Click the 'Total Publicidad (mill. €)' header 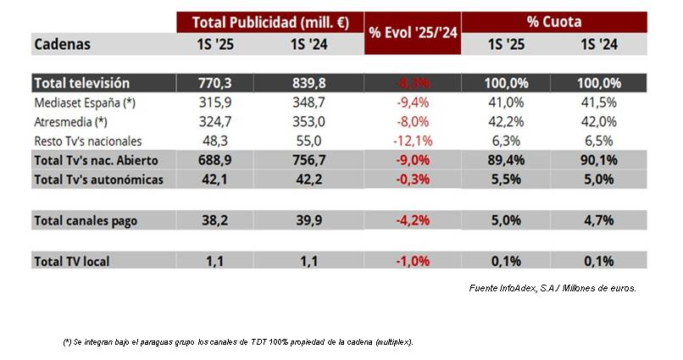pos(269,22)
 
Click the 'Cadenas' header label pos(62,44)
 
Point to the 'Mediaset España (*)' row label pos(85,102)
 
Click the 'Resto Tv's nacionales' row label pos(88,141)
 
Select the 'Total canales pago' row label pos(85,220)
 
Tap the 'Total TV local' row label pos(71,262)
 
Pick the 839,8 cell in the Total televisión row pos(315,83)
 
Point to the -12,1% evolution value pos(411,141)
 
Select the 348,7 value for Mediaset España pos(315,102)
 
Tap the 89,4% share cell pos(507,159)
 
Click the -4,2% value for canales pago pos(411,220)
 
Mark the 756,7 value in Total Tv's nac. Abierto pos(315,159)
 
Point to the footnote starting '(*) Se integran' pos(237,341)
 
